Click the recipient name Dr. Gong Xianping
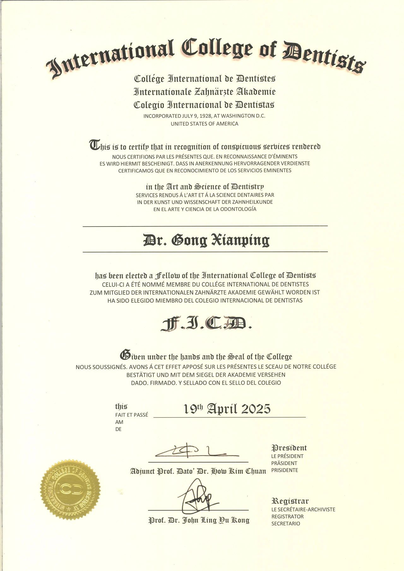206,240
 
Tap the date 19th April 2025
227,409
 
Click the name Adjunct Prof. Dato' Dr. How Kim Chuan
198,471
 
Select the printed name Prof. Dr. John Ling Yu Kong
199,520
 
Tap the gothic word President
289,448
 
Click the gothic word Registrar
290,501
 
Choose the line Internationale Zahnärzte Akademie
205,92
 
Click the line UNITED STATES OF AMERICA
205,124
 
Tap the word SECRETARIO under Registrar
286,524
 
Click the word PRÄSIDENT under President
284,463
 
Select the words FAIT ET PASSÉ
131,415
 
